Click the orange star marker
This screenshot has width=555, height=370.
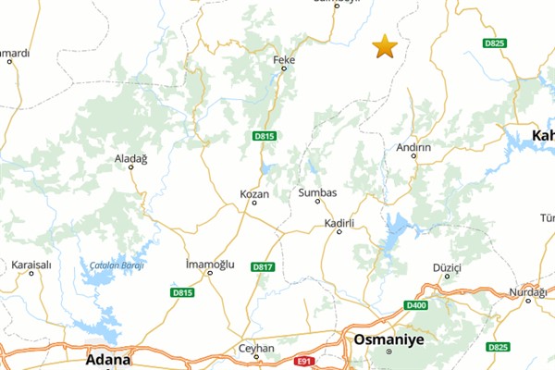(x=384, y=46)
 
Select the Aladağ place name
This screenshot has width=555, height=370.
(x=130, y=159)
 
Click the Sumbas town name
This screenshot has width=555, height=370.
(x=317, y=192)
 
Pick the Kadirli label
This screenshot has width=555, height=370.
(x=340, y=223)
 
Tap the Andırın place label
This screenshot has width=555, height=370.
(x=413, y=147)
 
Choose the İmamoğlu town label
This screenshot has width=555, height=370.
(x=211, y=264)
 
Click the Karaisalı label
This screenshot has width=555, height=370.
(x=31, y=264)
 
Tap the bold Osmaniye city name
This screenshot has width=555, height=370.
(x=388, y=339)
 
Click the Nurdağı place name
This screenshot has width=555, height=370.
(x=528, y=291)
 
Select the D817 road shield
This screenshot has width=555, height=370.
(x=263, y=266)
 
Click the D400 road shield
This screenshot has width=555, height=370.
(x=416, y=305)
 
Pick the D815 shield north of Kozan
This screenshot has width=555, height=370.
(x=265, y=136)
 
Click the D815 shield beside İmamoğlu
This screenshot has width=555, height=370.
(x=182, y=292)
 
